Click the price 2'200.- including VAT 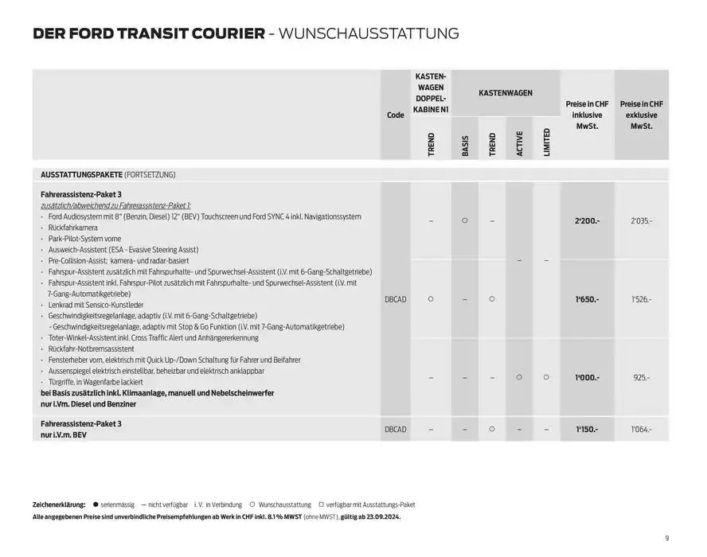coord(587,220)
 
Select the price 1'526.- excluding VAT coord(641,299)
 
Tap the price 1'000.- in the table coord(587,378)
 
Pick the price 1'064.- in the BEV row coord(641,429)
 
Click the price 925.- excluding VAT coord(641,378)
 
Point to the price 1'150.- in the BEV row coord(587,429)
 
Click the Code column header coord(395,115)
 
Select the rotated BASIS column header coord(465,145)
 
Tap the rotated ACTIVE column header coord(519,143)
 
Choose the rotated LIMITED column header coord(546,142)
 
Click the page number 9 coord(666,536)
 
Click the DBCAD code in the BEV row coord(395,429)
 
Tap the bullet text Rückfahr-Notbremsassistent coord(91,349)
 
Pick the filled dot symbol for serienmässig coord(95,504)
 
